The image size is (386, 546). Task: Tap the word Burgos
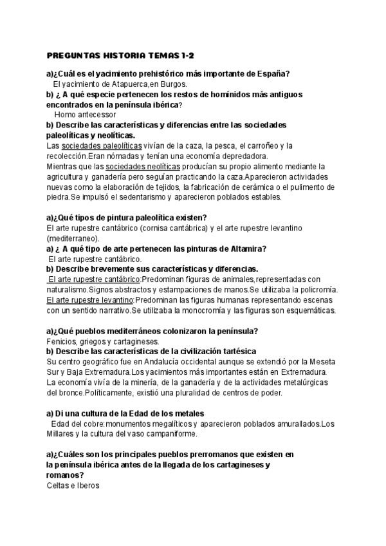(154, 84)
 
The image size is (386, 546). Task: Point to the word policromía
(316, 290)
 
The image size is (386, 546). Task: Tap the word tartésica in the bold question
(235, 352)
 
